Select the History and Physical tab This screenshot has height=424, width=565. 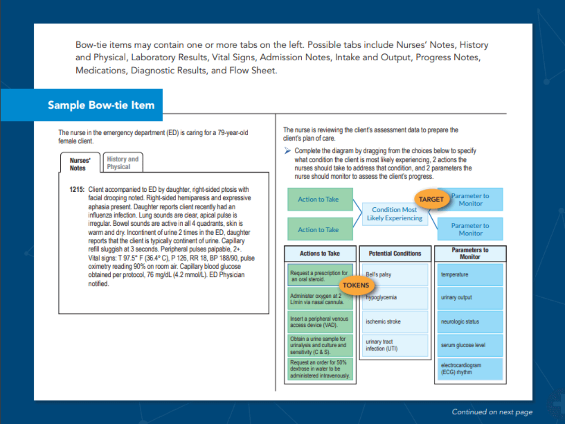click(122, 163)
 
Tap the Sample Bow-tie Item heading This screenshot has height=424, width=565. click(101, 105)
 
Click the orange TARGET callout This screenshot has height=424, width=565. click(431, 199)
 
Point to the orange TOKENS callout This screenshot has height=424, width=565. click(355, 285)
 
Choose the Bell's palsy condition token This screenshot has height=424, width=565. click(395, 275)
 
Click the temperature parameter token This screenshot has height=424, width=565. click(470, 275)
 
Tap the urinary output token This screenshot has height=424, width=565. click(470, 298)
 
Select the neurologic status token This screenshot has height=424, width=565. click(470, 322)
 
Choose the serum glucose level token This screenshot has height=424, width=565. click(470, 345)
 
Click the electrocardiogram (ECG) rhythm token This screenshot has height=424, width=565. click(470, 369)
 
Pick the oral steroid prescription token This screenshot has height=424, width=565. click(320, 276)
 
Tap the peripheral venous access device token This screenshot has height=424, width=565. click(320, 322)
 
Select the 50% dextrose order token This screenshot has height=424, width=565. click(320, 369)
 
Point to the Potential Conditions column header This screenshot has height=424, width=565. click(395, 253)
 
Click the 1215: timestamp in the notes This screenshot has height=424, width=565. click(77, 189)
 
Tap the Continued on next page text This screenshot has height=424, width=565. click(492, 412)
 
